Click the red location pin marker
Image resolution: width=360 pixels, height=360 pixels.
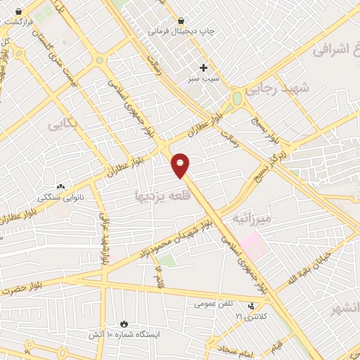(x=181, y=165)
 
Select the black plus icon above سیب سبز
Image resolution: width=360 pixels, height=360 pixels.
(x=204, y=68)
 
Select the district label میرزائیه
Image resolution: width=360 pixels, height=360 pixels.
(x=255, y=219)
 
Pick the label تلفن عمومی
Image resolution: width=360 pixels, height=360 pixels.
(x=215, y=304)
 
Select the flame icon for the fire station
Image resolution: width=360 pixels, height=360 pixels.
(x=124, y=324)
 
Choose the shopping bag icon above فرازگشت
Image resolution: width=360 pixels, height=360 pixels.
(x=18, y=11)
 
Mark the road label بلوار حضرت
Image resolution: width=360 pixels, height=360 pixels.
(x=21, y=286)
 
